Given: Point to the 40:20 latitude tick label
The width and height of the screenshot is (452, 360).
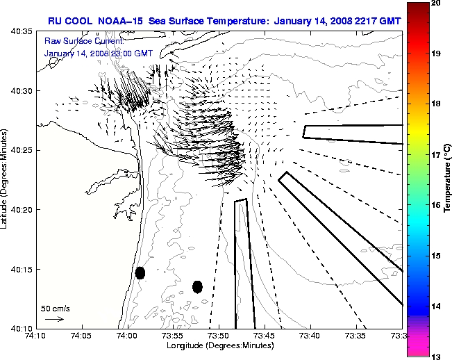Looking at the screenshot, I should (22, 210).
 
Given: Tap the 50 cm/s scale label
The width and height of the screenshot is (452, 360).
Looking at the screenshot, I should (56, 308).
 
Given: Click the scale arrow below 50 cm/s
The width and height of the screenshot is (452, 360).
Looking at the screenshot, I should (54, 319).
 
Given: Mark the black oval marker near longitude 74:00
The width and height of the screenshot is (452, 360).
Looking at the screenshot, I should (140, 272).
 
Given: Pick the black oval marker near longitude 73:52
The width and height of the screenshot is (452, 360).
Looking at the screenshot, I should (197, 286).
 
